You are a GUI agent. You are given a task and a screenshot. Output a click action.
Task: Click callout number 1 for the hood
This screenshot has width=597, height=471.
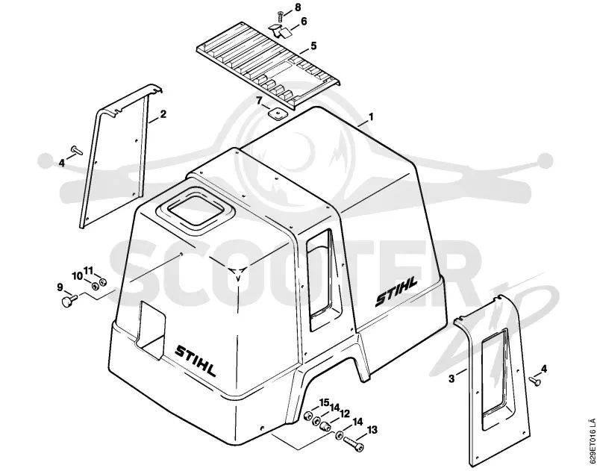[x=371, y=116]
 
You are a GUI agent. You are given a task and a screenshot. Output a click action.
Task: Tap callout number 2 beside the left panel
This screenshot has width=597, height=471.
[x=163, y=114]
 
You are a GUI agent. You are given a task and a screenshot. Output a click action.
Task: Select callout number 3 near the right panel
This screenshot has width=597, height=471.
[x=451, y=378]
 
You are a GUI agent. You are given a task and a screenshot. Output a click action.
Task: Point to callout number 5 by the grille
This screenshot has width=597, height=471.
[x=313, y=46]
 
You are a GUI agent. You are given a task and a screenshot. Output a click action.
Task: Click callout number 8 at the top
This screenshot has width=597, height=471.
[x=298, y=7]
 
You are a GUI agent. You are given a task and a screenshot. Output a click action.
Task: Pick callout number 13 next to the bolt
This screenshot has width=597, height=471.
[x=372, y=430]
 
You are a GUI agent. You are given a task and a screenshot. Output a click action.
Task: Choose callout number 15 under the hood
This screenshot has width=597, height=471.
[x=324, y=402]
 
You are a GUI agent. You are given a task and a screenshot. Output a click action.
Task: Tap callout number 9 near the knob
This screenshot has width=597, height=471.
[x=60, y=287]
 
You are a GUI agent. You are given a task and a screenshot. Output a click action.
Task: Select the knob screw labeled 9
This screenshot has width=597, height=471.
[x=69, y=300]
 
